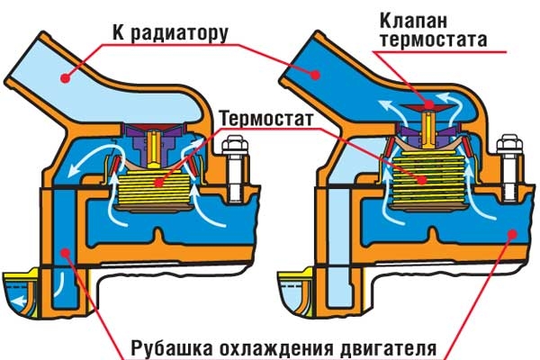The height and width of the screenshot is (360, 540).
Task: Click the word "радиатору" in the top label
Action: (x=179, y=35)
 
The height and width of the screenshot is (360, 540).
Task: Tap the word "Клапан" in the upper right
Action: (x=414, y=21)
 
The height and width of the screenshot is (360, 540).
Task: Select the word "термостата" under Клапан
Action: (x=433, y=40)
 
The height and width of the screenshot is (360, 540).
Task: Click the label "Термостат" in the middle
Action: (x=266, y=119)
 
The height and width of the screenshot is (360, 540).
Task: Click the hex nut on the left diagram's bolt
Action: (x=236, y=145)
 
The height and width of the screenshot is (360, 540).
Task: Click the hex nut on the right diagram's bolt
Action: (x=510, y=144)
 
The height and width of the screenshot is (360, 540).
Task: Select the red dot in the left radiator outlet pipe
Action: (x=65, y=78)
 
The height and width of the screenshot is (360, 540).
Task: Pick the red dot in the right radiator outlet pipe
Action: (x=315, y=75)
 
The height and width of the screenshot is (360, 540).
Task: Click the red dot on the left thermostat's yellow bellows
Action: (x=158, y=182)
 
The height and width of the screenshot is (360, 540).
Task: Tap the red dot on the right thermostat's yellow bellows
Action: (x=422, y=179)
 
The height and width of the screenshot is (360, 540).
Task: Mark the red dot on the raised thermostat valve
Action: (x=429, y=104)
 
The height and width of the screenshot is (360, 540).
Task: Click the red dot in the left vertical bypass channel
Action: (x=65, y=254)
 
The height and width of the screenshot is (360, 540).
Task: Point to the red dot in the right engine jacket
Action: (x=512, y=234)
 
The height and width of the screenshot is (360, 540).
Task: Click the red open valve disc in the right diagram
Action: (x=429, y=107)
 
